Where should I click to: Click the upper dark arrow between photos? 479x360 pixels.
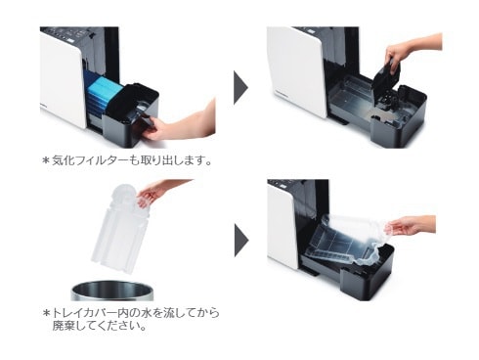coord(240,87)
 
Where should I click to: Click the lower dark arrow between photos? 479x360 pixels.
coord(241,240)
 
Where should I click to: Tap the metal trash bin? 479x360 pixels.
coord(112,291)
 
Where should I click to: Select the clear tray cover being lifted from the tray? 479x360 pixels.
coord(345,239)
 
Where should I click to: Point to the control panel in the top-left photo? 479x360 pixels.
coord(71,34)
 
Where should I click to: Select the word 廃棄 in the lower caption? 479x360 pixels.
coord(65,326)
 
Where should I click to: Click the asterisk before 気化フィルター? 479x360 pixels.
coord(46,160)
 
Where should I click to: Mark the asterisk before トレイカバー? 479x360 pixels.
coord(46,313)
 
